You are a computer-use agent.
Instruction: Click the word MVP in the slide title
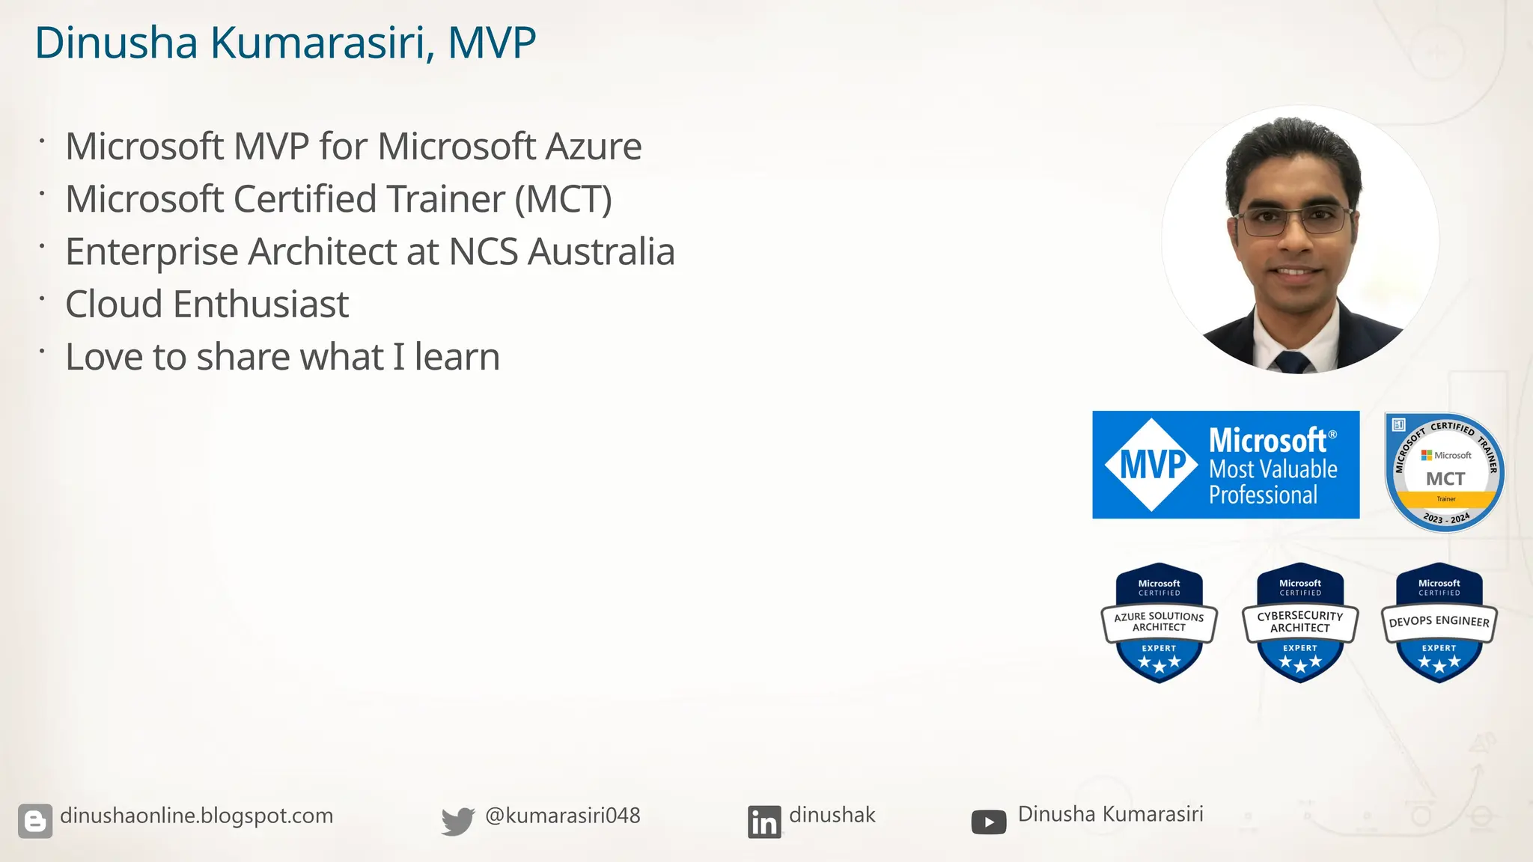[492, 43]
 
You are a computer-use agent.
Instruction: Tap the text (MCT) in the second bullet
[563, 199]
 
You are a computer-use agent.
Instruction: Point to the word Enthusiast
[260, 305]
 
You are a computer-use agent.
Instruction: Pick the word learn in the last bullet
[457, 357]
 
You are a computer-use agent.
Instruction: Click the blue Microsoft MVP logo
[1225, 465]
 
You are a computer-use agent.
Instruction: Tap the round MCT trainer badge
[1445, 473]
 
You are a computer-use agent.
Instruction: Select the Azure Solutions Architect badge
[1159, 623]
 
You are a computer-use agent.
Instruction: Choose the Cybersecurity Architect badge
[1300, 623]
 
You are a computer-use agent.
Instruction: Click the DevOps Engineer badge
[1439, 623]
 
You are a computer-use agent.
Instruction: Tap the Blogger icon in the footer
[35, 821]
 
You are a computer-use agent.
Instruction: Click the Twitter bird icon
[457, 821]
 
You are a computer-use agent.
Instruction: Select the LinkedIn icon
[764, 822]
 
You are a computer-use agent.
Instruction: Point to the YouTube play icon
[988, 822]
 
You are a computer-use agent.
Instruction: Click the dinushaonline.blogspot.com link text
[196, 816]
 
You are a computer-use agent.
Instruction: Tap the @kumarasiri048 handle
[562, 816]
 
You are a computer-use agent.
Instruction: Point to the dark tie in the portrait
[1291, 362]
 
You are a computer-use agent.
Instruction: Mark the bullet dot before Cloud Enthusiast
[43, 299]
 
